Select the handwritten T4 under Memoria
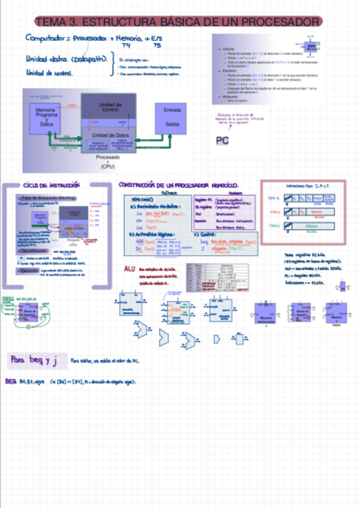pyautogui.click(x=126, y=45)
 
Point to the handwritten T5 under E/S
pyautogui.click(x=157, y=45)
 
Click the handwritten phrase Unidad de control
pyautogui.click(x=50, y=73)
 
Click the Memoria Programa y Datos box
pyautogui.click(x=46, y=116)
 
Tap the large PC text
pyautogui.click(x=223, y=141)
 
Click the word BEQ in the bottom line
pyautogui.click(x=11, y=381)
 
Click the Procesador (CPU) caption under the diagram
pyautogui.click(x=108, y=162)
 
